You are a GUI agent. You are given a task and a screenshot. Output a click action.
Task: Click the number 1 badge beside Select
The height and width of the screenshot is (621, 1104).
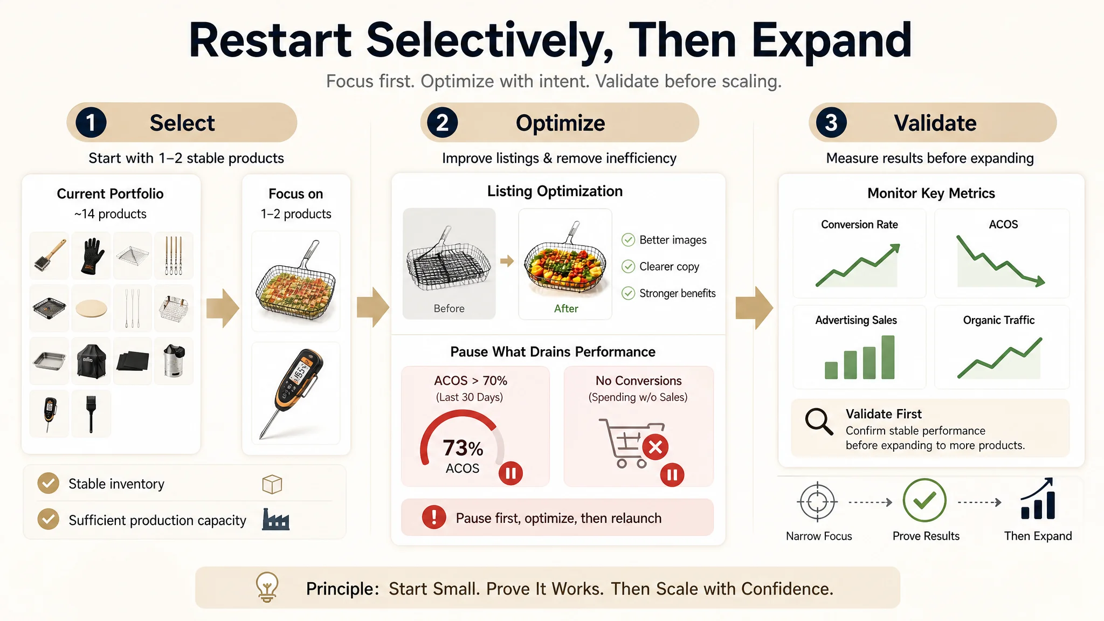click(91, 122)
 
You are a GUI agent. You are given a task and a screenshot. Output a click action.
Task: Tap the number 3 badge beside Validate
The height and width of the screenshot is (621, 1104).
click(831, 122)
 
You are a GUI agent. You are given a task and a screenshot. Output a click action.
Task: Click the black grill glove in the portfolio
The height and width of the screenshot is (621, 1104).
click(91, 256)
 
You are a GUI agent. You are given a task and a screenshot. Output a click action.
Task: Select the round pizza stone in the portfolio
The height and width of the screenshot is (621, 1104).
click(91, 309)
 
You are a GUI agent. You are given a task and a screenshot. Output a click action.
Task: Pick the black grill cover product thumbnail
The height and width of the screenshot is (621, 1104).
click(91, 361)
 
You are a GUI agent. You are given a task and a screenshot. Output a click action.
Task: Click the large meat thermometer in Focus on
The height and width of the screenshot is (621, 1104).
click(295, 392)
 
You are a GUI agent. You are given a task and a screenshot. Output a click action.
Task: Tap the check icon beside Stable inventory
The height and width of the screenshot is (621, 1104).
click(49, 484)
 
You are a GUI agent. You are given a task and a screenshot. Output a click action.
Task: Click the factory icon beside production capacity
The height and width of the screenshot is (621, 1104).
click(275, 519)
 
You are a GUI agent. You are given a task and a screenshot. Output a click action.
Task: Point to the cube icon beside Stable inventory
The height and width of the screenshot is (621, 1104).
click(272, 484)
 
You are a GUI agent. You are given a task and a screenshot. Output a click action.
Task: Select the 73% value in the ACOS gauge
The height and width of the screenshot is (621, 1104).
click(463, 448)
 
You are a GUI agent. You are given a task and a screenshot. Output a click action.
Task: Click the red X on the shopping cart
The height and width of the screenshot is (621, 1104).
click(655, 447)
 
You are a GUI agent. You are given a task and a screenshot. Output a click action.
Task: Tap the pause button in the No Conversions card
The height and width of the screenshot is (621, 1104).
click(672, 475)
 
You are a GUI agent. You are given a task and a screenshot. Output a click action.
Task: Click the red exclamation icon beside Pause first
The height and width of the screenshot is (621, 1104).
click(434, 517)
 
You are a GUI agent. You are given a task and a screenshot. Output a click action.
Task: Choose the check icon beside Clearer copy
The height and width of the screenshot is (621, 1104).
click(628, 266)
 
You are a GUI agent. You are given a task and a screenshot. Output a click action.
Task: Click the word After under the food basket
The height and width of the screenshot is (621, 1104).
click(566, 308)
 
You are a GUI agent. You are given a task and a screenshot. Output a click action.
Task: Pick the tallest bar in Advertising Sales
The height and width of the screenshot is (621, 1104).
click(888, 357)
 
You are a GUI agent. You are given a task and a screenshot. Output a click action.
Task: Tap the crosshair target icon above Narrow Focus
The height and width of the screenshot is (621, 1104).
click(817, 501)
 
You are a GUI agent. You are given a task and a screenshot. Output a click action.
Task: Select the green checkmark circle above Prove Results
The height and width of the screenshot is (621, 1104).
click(924, 501)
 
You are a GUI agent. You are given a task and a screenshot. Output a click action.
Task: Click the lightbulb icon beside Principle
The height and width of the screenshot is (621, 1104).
click(267, 586)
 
